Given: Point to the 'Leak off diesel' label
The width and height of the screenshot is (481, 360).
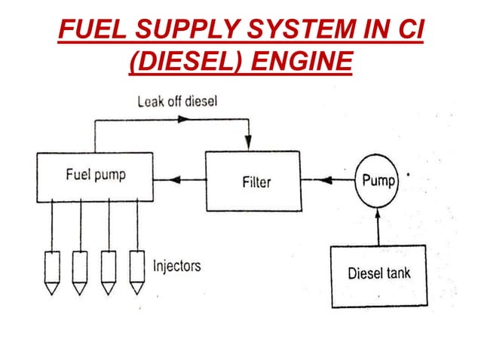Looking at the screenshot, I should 177,101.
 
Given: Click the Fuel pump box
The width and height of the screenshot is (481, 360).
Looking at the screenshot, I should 94,177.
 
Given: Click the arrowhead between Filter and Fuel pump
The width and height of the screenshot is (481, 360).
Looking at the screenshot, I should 176,180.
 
